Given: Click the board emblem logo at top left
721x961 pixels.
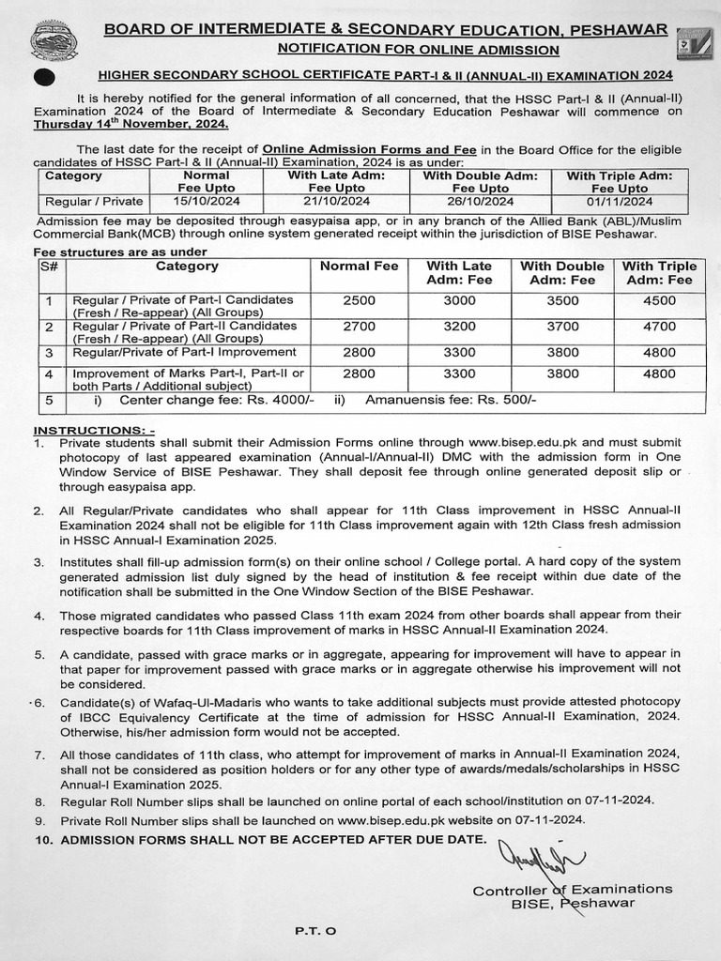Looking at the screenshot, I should point(54,41).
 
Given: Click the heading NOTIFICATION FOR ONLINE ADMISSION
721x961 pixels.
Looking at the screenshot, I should point(419,49).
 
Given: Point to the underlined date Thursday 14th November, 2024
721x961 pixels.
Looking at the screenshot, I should point(131,124).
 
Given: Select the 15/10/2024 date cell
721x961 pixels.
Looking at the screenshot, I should point(206,201).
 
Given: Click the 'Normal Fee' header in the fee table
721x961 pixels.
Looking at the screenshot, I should point(360,267).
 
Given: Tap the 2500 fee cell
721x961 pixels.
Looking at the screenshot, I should point(360,300).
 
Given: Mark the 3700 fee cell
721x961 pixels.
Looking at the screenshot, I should point(562,327).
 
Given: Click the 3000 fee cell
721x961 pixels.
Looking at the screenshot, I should point(459,300).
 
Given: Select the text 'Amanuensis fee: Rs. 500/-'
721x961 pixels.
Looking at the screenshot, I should point(450,400).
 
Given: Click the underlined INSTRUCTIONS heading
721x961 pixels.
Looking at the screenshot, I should point(93,428).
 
